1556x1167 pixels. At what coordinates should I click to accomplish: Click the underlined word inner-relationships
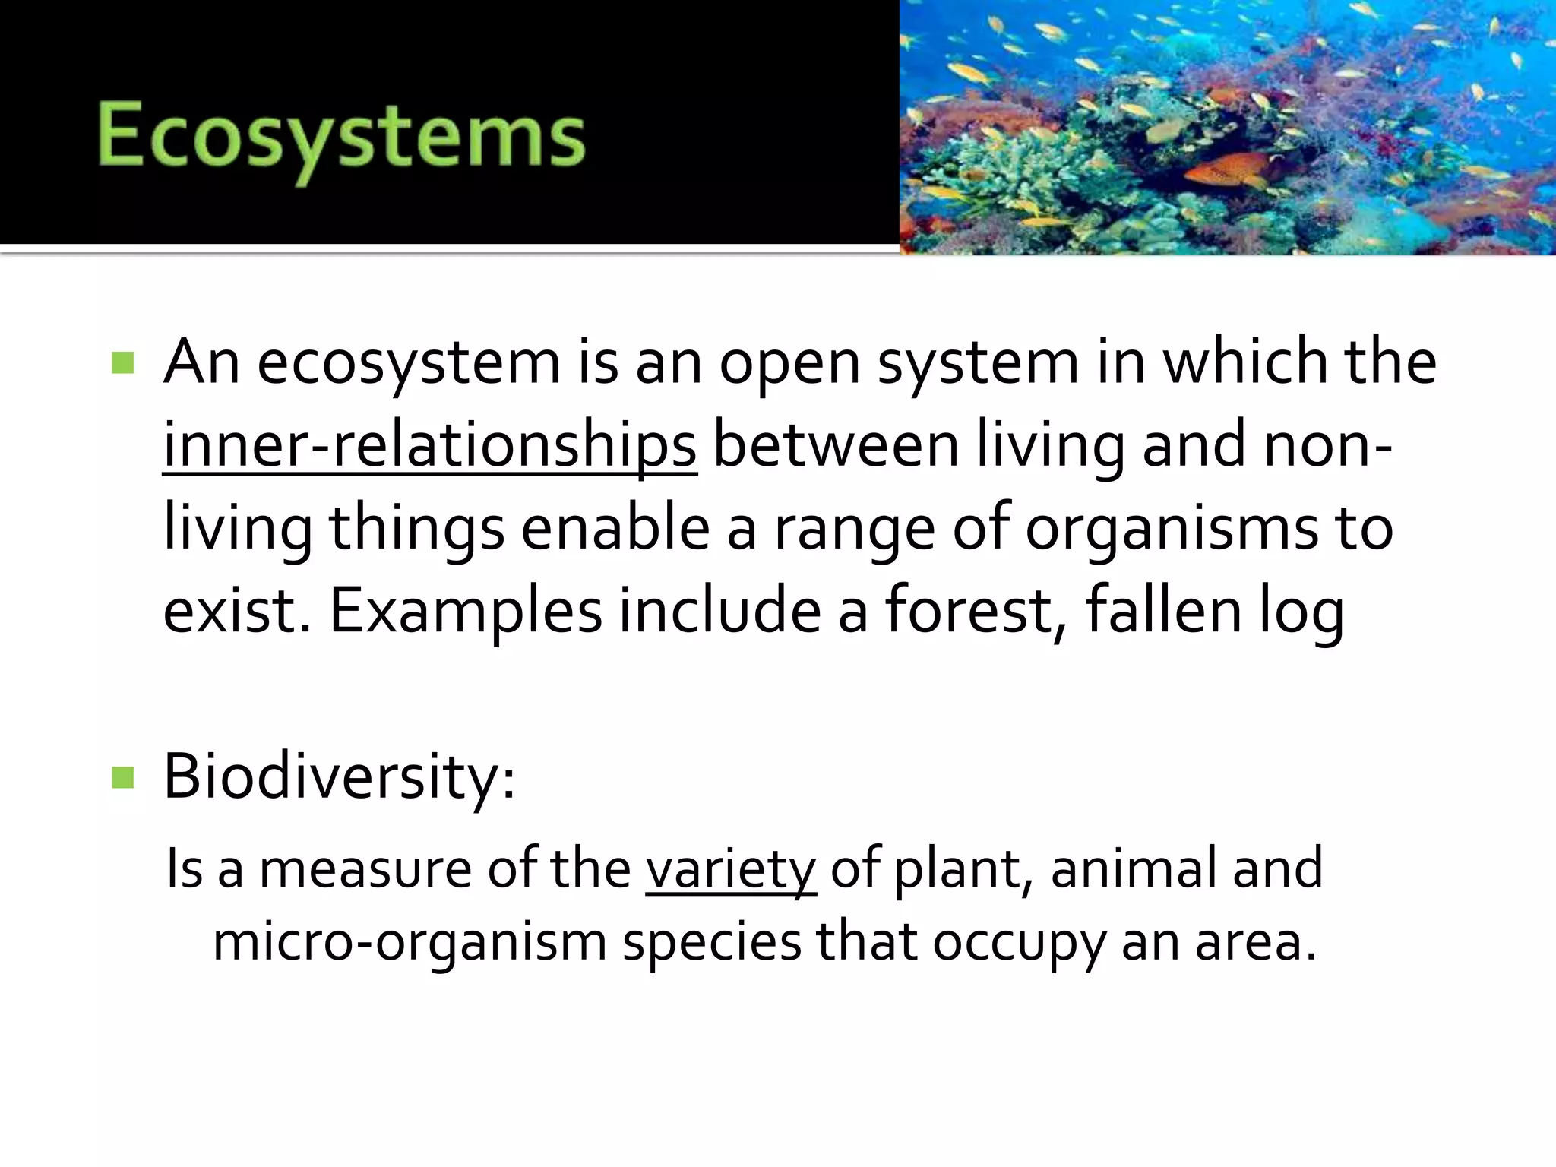[429, 445]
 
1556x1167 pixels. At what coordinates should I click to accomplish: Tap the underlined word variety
[730, 868]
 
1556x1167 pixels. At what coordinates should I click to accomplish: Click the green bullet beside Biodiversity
[122, 777]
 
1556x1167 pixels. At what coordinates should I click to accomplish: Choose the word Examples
[465, 611]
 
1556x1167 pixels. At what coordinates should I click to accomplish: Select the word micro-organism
[410, 942]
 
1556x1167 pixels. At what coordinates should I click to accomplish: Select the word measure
[365, 868]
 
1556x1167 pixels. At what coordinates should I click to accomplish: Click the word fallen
[1163, 611]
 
